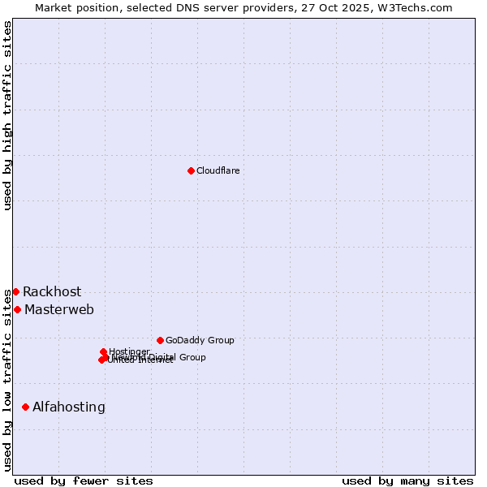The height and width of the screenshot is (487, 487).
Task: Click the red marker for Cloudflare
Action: click(191, 170)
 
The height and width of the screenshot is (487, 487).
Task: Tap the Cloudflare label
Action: click(218, 170)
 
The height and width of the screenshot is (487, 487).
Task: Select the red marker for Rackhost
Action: click(15, 291)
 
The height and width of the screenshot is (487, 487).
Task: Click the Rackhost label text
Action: click(52, 292)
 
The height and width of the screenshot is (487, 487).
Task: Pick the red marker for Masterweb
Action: click(17, 309)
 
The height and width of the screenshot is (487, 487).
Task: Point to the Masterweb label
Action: click(59, 310)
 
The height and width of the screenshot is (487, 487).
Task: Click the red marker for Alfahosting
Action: click(26, 407)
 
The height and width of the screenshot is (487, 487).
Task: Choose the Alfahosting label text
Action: click(69, 407)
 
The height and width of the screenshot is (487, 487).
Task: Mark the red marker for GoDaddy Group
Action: click(160, 340)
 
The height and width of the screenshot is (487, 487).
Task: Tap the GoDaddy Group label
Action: click(200, 341)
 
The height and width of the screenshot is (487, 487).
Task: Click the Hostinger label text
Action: click(129, 351)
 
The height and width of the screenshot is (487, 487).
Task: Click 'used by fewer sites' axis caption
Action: click(84, 481)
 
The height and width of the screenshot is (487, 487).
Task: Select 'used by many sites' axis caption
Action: click(407, 481)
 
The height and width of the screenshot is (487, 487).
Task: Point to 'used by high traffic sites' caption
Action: click(7, 115)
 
